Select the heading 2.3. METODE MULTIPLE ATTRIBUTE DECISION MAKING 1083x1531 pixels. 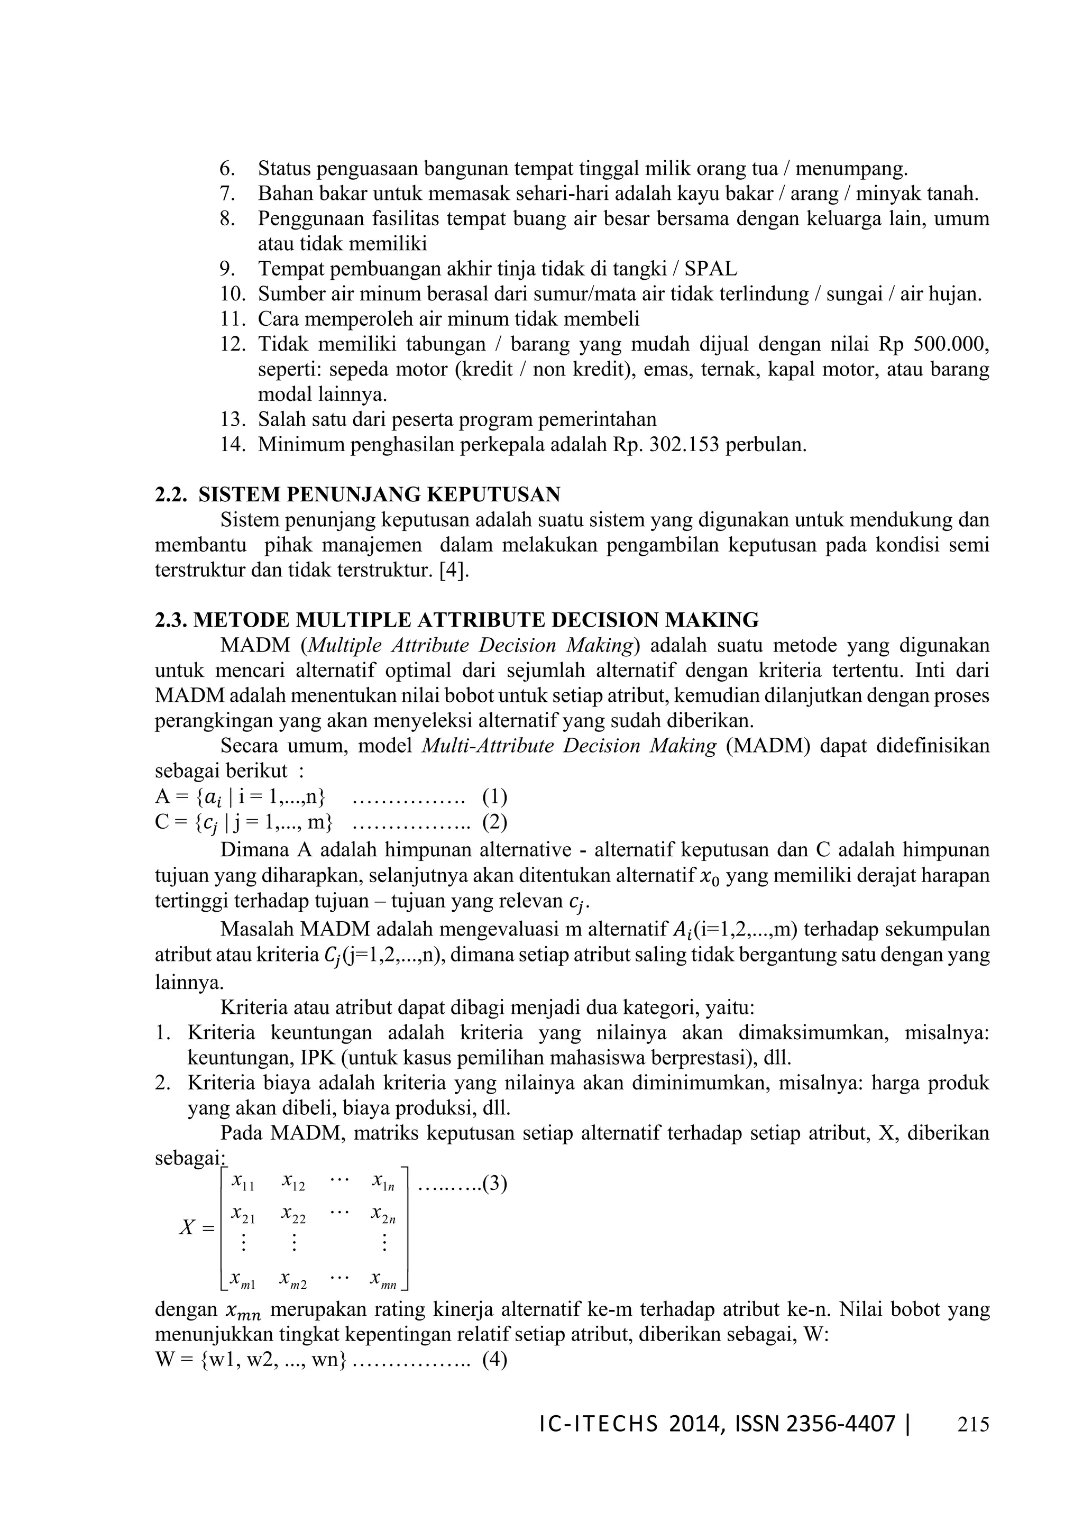457,620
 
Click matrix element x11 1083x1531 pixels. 243,1182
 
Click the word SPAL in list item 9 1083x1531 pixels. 711,269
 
